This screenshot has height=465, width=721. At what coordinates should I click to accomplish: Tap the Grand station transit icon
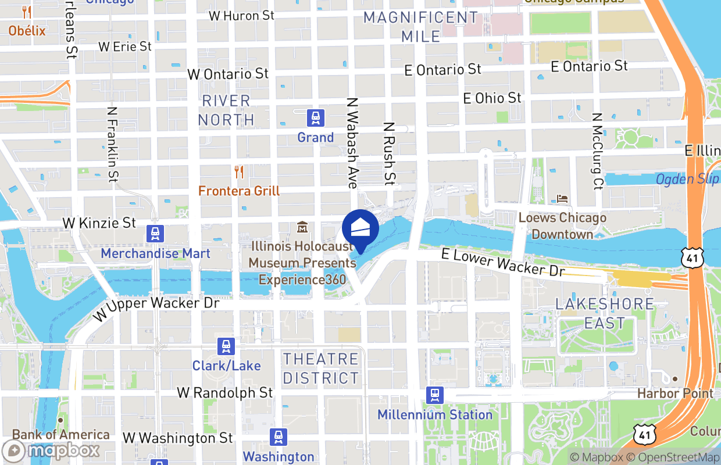[316, 119]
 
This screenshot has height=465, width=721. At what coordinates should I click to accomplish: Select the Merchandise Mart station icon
[156, 234]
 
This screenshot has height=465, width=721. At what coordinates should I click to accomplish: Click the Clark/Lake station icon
[226, 346]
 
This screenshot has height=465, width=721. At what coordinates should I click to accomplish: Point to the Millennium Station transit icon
[434, 395]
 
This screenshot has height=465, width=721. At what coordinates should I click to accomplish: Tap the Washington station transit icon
[279, 437]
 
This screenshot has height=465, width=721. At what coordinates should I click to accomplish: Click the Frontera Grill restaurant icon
[238, 172]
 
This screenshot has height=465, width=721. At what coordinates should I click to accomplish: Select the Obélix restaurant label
[27, 30]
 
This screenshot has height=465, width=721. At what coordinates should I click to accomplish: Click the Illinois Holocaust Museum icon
[302, 227]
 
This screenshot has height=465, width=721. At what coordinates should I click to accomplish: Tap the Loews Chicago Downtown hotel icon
[562, 199]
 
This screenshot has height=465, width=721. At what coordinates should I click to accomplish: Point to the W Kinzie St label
[99, 223]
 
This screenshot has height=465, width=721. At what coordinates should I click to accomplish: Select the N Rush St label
[389, 153]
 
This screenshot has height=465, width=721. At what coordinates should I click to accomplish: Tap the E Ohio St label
[492, 98]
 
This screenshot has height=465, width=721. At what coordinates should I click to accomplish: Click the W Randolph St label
[225, 392]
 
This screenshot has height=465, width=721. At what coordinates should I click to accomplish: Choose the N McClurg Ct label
[597, 151]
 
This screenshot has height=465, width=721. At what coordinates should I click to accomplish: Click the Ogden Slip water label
[687, 179]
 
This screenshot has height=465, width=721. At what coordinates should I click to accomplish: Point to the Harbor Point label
[675, 394]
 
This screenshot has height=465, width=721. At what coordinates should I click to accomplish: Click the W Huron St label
[241, 16]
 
